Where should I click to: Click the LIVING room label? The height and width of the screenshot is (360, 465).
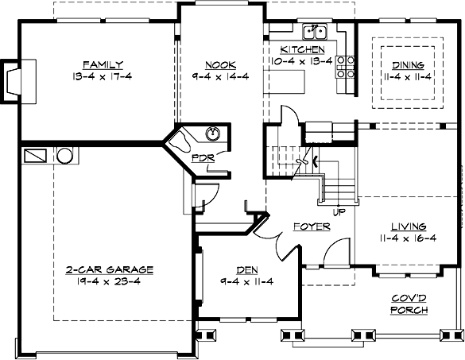[x=409, y=226]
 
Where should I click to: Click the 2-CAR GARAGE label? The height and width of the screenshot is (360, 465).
[x=110, y=269]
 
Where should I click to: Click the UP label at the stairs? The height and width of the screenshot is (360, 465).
[x=339, y=212]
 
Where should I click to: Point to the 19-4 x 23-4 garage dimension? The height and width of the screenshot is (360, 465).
[x=110, y=281]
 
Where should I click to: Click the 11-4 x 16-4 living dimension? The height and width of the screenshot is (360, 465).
[x=409, y=237]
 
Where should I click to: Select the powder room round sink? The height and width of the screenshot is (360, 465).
[x=212, y=133]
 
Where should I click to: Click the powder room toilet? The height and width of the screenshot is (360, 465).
[x=184, y=141]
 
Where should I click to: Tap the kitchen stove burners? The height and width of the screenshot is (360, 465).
[x=346, y=68]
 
